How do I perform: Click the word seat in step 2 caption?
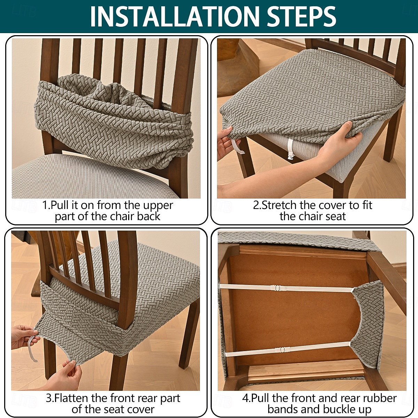tap(335, 217)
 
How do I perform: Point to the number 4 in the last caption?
tap(246, 398)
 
